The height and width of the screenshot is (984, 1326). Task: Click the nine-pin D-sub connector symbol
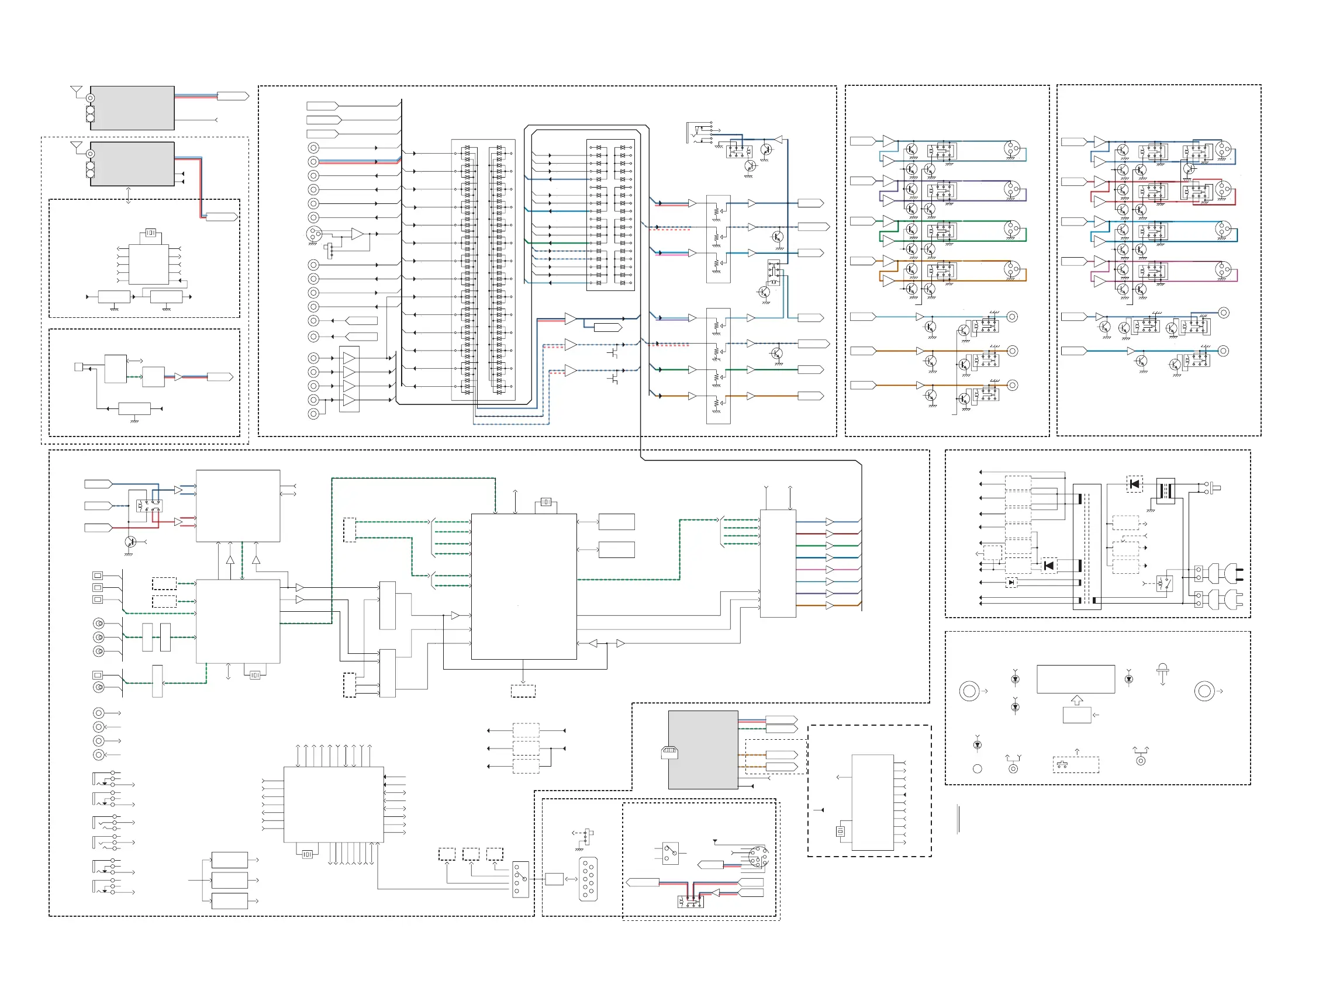pos(588,879)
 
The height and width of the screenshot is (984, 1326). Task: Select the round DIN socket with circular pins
pos(758,858)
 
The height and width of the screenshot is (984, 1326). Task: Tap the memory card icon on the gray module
pos(669,753)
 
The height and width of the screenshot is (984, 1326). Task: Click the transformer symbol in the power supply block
pos(1165,490)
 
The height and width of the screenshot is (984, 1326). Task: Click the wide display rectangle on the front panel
pos(1075,679)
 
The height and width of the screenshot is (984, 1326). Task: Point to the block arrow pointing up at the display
pos(1076,701)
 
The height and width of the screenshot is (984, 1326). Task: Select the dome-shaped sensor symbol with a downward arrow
pos(1162,671)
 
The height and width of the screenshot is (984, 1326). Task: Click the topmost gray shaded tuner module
pos(132,108)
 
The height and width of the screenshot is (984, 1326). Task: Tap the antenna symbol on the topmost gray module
pos(76,91)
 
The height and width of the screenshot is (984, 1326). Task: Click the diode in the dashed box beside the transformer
pos(1134,484)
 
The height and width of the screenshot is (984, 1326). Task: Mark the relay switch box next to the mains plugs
pos(1164,583)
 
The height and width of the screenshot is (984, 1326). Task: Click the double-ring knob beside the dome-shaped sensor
pos(1204,691)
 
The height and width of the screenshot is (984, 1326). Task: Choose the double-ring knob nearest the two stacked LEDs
pos(969,691)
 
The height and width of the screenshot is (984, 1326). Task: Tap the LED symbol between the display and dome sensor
pos(1128,679)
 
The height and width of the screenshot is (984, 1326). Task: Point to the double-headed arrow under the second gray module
pos(129,195)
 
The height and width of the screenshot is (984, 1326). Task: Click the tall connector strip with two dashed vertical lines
pos(1086,546)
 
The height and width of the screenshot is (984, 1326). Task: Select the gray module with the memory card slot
pos(703,749)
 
